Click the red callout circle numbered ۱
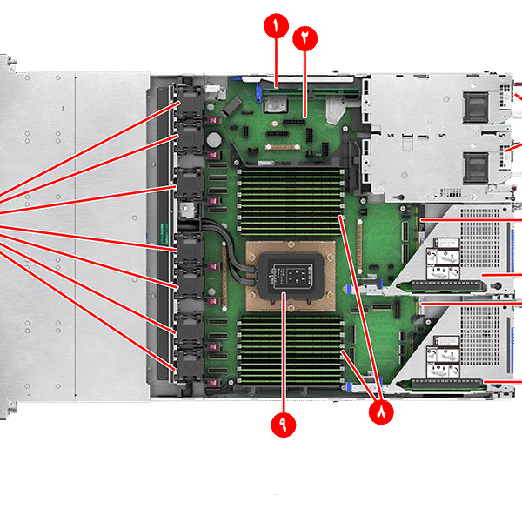[276, 25]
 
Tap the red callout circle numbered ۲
[305, 38]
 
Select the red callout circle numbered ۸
[381, 412]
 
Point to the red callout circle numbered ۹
[284, 425]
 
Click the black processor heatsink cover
[291, 276]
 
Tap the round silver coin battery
[214, 140]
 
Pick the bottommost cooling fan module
[190, 365]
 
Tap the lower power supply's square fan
[475, 168]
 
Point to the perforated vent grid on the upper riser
[480, 238]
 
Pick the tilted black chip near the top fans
[232, 106]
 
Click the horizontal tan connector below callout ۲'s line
[283, 147]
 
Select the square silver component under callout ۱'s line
[275, 105]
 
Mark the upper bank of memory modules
[291, 202]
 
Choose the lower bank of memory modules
[291, 350]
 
